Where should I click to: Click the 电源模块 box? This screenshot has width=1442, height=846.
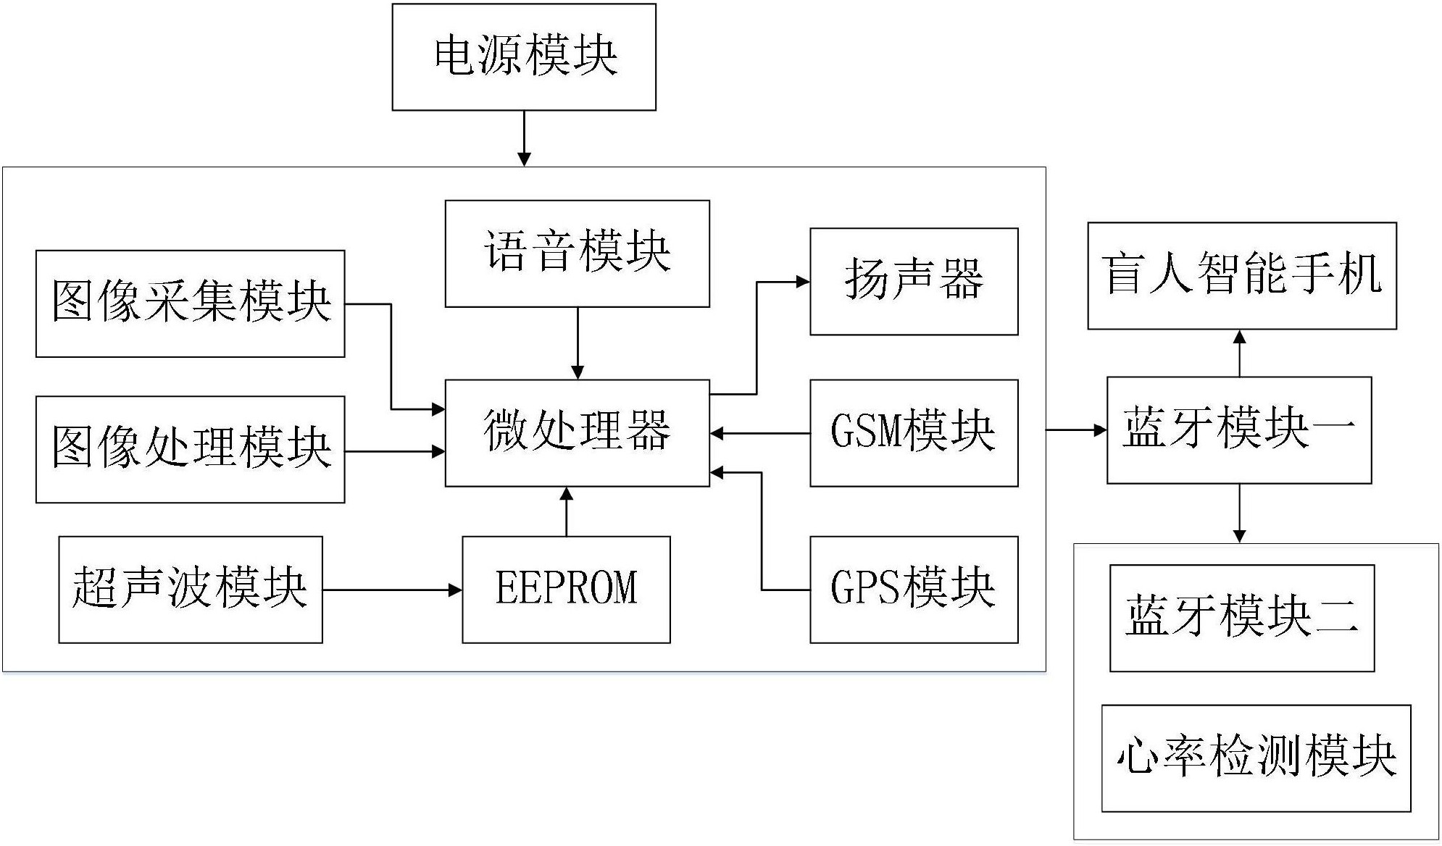(x=524, y=57)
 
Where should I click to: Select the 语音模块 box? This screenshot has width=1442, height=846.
(x=577, y=254)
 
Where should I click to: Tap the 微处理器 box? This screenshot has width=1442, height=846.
(x=577, y=432)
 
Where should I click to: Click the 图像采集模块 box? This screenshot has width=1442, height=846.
(x=190, y=303)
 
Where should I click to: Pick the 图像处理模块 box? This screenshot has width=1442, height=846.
(x=190, y=449)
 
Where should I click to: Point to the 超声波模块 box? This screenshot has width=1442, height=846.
(x=190, y=590)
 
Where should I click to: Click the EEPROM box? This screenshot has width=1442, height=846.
(x=566, y=590)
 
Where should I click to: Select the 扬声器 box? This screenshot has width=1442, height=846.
(x=913, y=282)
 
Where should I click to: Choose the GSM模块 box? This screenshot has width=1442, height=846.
(x=913, y=432)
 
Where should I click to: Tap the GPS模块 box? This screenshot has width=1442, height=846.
(x=913, y=590)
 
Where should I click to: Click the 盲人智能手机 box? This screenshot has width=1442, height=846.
(x=1241, y=276)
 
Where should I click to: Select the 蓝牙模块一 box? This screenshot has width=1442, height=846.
(x=1238, y=430)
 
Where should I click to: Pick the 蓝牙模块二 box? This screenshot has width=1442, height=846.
(x=1241, y=618)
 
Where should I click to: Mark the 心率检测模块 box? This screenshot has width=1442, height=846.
(x=1256, y=758)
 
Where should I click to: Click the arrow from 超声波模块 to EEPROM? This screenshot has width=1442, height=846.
(x=392, y=590)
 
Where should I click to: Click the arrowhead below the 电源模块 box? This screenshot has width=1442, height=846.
(x=523, y=159)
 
